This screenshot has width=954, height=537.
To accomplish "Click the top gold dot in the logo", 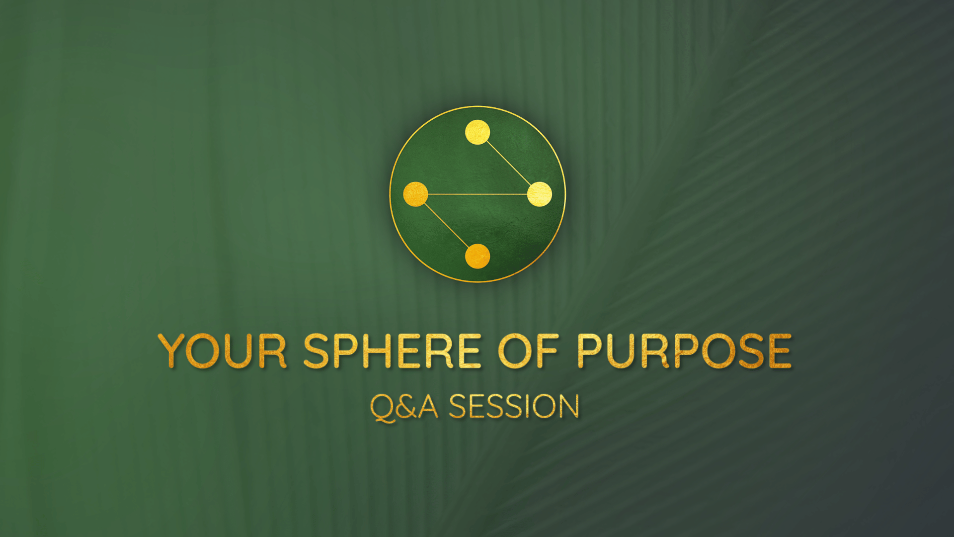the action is click(x=477, y=132).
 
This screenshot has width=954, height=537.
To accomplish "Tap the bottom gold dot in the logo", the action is click(x=477, y=256).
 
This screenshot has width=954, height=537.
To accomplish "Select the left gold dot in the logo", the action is click(x=415, y=194).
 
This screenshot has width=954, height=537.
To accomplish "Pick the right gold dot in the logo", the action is click(x=540, y=194).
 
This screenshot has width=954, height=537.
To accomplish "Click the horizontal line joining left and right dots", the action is click(x=477, y=194).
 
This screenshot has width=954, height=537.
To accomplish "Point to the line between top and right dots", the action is click(x=508, y=163).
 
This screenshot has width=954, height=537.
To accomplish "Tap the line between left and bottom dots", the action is click(x=446, y=225).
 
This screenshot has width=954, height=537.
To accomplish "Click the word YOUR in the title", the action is click(x=222, y=351).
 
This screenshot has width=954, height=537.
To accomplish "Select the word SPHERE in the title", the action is click(x=393, y=351).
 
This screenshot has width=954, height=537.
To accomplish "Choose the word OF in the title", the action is click(x=529, y=351).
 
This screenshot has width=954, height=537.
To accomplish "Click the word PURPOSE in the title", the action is click(x=684, y=351).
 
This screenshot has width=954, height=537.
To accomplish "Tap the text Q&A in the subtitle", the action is click(x=404, y=407).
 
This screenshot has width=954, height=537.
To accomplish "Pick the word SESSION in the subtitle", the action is click(x=514, y=406).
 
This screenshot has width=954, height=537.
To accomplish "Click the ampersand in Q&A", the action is click(x=406, y=406).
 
